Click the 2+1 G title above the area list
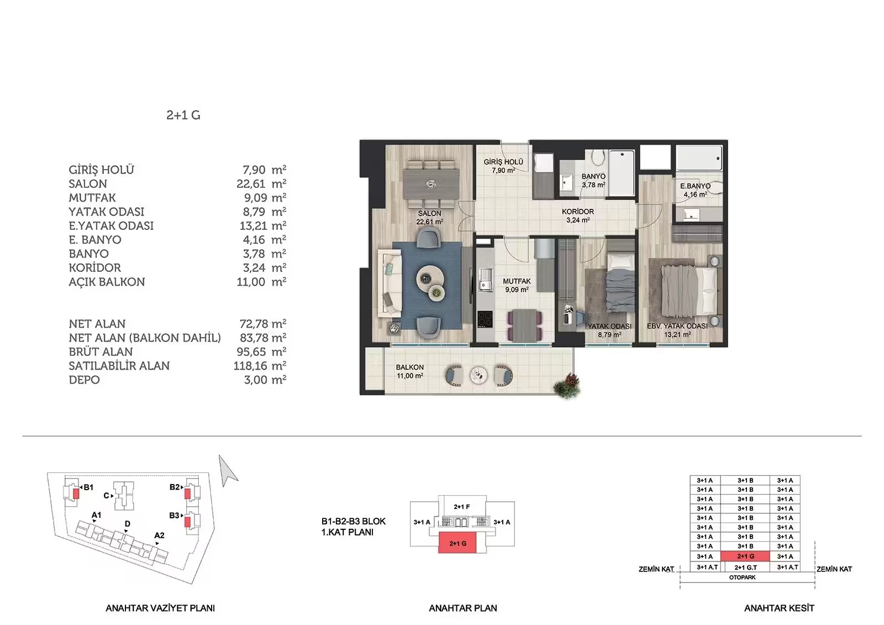(183, 115)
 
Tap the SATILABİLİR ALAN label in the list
(119, 366)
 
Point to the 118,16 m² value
(260, 366)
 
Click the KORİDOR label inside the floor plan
(578, 212)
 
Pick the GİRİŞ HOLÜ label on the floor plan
(503, 162)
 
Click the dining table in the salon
(430, 184)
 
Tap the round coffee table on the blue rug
(430, 278)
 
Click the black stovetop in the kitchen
(485, 319)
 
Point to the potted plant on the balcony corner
(567, 385)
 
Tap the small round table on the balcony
(478, 375)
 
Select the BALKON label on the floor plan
(409, 367)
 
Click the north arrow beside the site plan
(228, 471)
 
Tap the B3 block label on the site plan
(174, 515)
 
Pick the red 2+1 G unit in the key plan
(457, 543)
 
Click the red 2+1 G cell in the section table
(745, 556)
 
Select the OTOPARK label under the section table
(743, 577)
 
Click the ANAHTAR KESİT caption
(779, 608)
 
